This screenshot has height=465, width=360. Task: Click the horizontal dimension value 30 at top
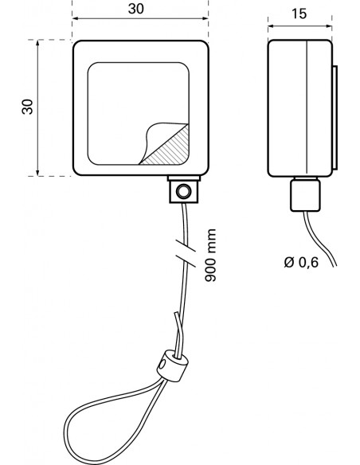point(136,9)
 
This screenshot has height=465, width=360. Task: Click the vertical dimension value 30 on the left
point(28,107)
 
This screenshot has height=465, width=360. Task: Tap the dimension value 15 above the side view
point(299,14)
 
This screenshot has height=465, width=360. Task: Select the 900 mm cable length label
point(210,255)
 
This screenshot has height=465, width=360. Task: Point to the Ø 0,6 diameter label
point(301,262)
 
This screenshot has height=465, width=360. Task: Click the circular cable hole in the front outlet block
point(183,192)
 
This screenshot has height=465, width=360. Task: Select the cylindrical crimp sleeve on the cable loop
point(172,365)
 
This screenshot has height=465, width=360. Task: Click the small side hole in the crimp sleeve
point(162,364)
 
